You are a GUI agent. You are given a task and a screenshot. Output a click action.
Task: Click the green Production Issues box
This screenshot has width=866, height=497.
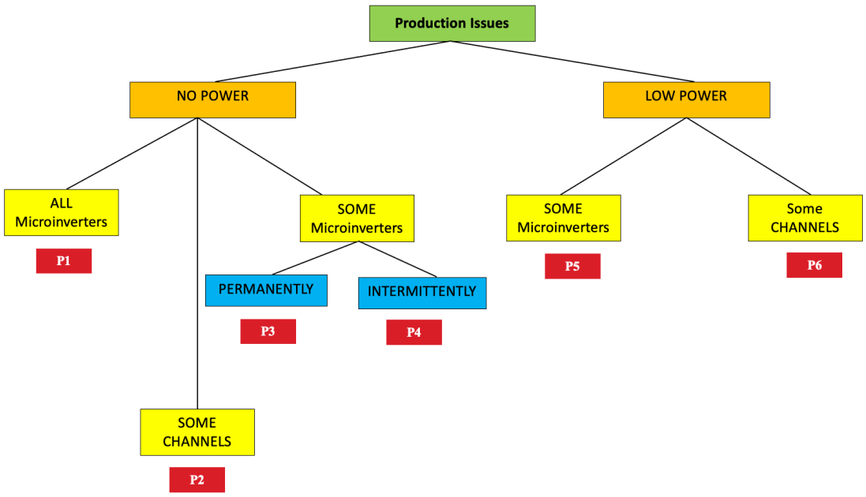tap(452, 23)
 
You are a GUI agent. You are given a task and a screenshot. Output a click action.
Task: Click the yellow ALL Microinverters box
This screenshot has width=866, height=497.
tap(61, 212)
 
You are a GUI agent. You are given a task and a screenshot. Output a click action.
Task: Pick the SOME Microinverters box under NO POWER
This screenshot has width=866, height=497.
tap(357, 218)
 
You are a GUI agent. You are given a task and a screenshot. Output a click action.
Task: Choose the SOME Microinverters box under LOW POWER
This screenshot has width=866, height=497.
tap(563, 218)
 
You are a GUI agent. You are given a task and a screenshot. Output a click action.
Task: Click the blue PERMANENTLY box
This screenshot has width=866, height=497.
tap(266, 290)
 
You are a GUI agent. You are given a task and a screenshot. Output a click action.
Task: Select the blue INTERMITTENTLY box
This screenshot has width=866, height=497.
tap(422, 293)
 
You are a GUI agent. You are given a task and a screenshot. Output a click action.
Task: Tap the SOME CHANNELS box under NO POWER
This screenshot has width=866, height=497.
tap(197, 432)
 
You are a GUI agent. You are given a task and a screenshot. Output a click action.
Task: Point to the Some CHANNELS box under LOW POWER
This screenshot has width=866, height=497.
tap(804, 218)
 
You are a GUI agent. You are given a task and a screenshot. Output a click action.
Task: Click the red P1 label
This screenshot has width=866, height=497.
tap(64, 261)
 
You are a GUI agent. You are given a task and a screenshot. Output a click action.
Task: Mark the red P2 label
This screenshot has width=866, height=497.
tap(197, 480)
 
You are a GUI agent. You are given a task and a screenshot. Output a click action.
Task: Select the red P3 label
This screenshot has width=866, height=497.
tap(268, 331)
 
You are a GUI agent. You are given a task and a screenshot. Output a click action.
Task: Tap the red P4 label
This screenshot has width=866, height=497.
tap(414, 332)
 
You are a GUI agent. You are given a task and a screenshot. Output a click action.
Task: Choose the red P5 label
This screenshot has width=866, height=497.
tap(572, 266)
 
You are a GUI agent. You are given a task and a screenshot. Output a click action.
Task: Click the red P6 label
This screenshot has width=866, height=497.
tap(814, 265)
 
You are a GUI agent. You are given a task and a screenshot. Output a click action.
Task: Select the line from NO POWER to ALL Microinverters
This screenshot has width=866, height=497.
tap(126, 155)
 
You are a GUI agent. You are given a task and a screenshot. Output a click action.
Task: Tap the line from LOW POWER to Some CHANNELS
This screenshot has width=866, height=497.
tap(748, 156)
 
